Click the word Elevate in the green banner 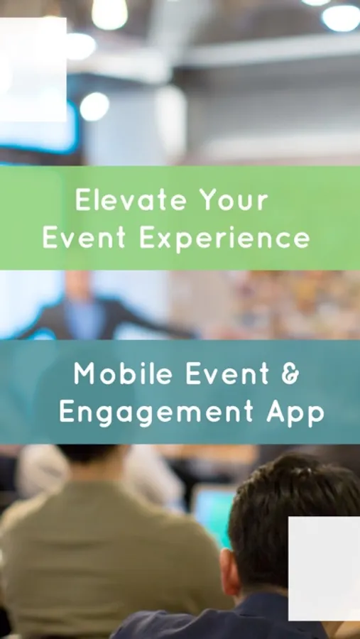(131, 200)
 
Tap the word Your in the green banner (234, 200)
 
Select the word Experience (224, 239)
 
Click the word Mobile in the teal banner (123, 373)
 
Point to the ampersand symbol (290, 373)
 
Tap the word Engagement (156, 413)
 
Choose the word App (295, 413)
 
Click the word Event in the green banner (84, 238)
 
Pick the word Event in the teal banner (227, 373)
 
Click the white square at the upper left (33, 69)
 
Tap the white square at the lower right (324, 569)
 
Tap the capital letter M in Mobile (84, 373)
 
